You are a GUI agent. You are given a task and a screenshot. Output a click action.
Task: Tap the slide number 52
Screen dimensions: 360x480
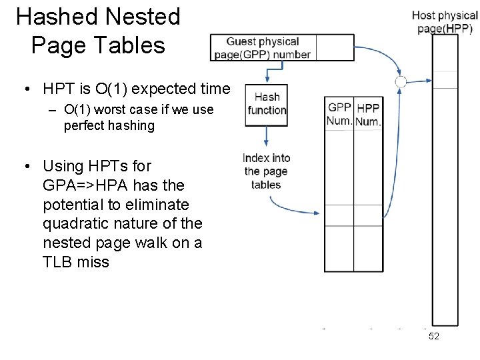coord(433,337)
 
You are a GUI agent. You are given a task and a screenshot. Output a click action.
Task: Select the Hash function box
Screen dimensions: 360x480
coord(267,104)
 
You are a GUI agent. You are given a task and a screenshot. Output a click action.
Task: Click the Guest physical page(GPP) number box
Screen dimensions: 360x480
coord(263,48)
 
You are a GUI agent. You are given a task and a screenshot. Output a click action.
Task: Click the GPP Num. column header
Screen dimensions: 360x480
coord(339,114)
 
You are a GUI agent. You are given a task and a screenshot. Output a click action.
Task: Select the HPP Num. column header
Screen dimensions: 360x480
coord(367,115)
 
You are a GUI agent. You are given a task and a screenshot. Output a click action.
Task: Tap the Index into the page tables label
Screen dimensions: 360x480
coord(266,171)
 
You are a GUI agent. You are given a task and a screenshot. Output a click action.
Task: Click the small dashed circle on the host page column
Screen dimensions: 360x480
coord(401,82)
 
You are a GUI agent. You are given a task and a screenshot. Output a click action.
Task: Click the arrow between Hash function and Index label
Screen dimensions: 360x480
coord(266,136)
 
